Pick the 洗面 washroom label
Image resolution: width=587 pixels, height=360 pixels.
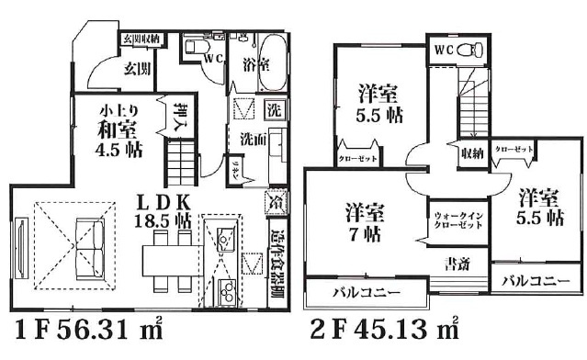(x=253, y=139)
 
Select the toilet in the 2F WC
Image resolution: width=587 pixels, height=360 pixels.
(x=466, y=48)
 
